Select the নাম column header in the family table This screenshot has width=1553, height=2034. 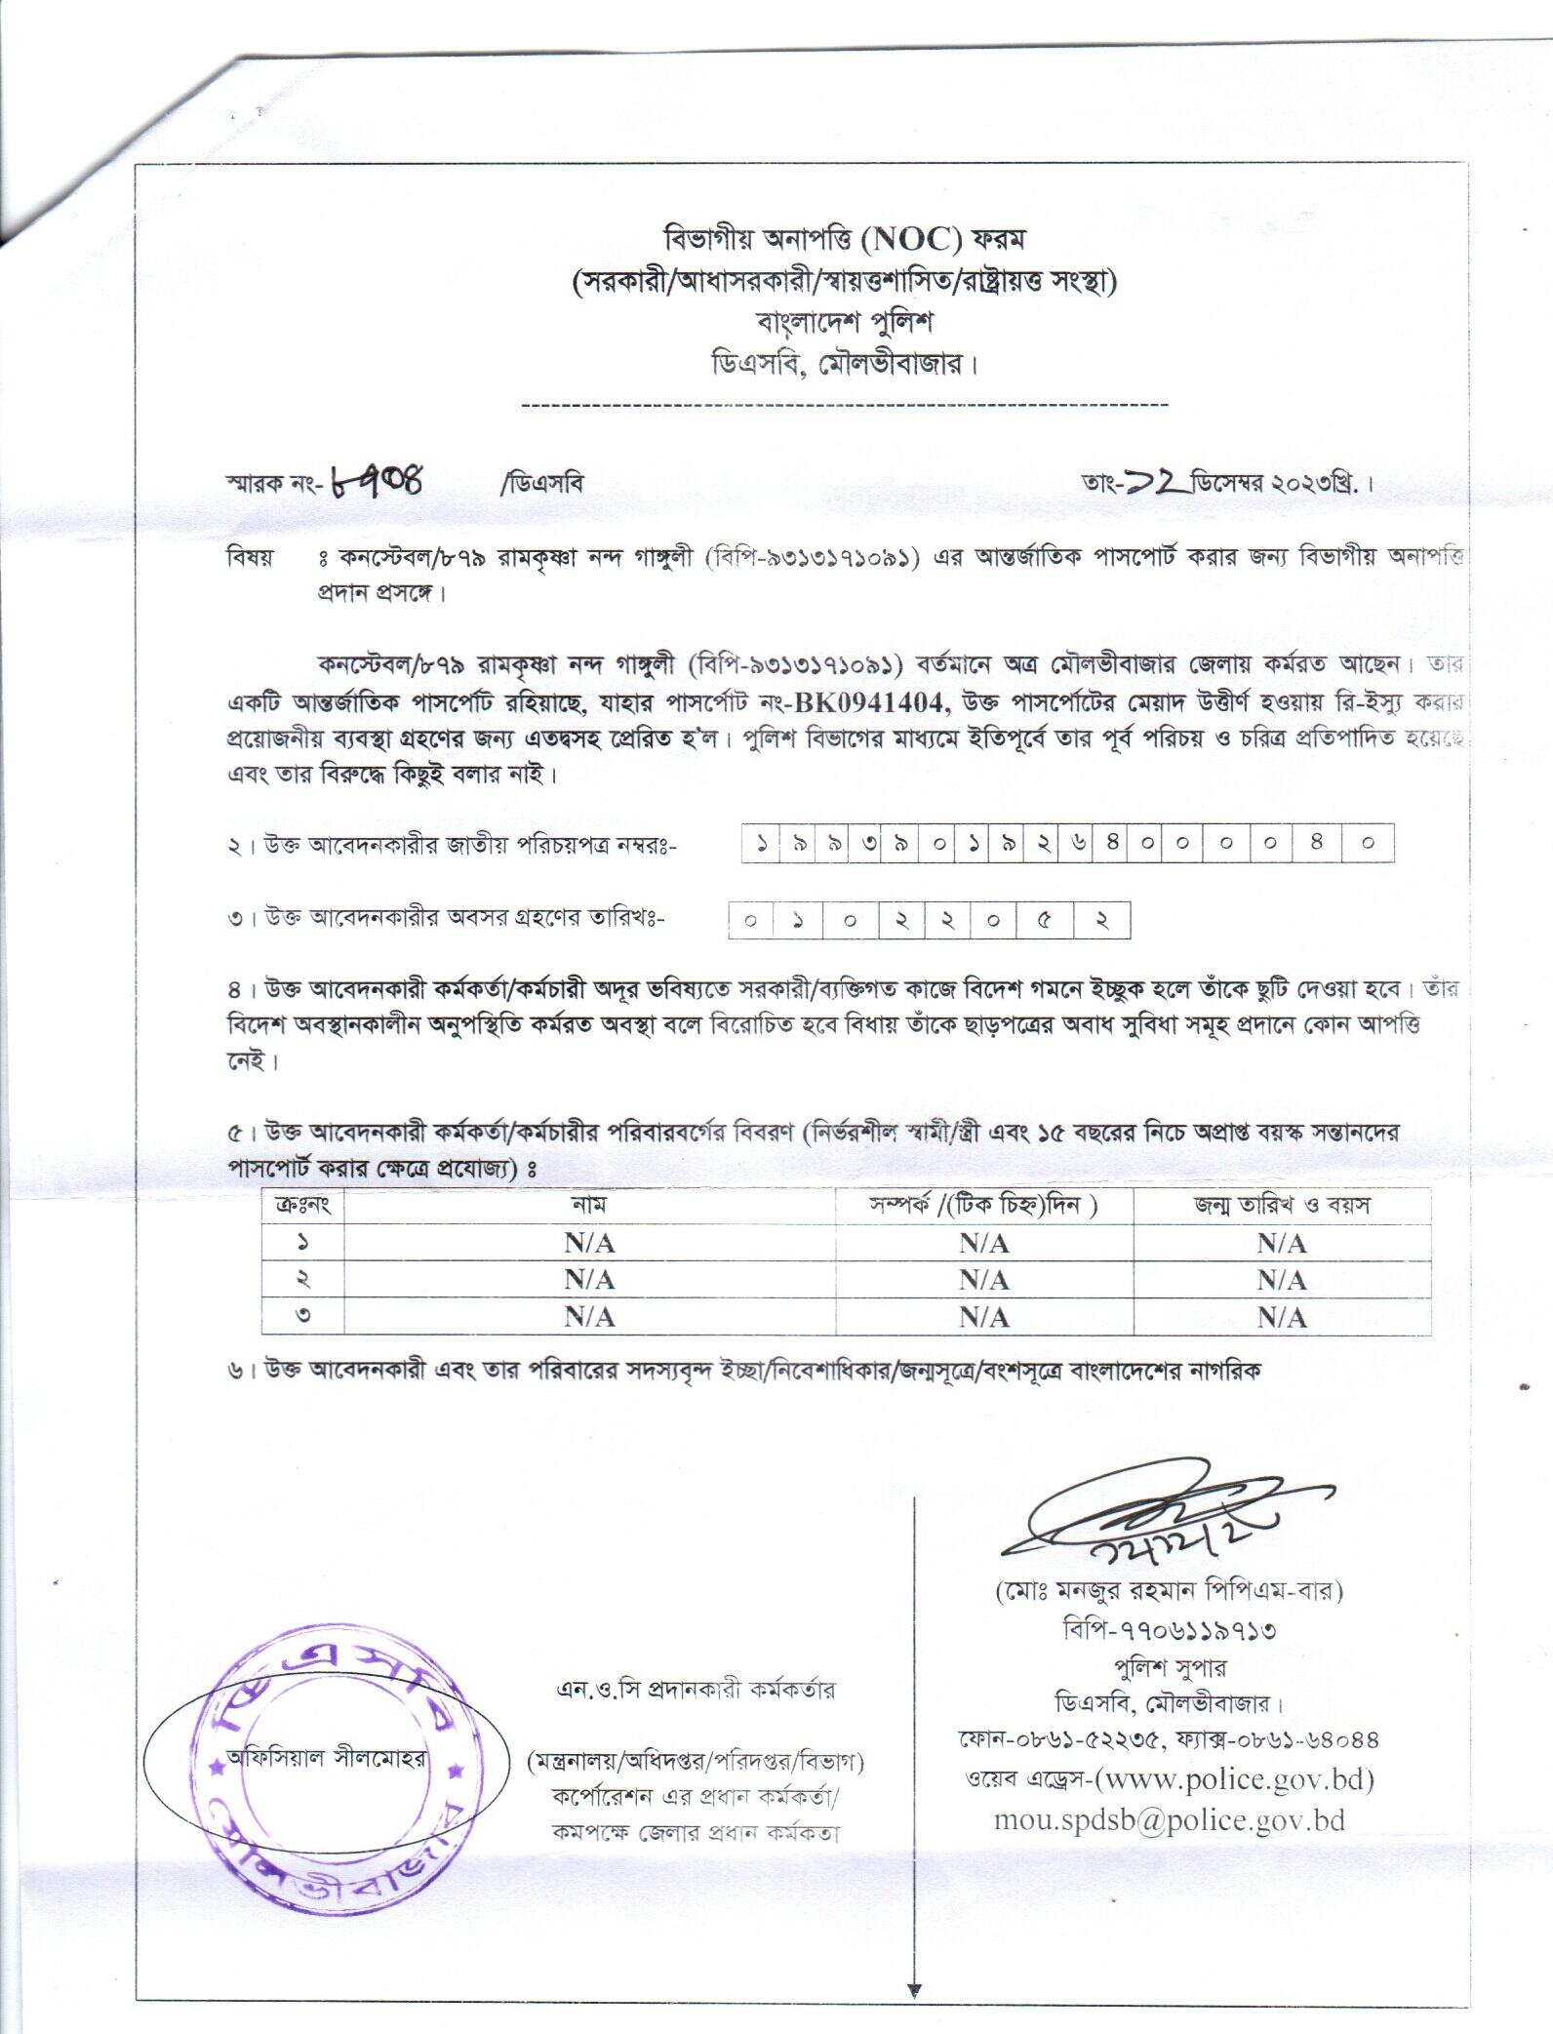coord(589,1205)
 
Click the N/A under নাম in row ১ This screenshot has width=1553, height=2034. coord(589,1243)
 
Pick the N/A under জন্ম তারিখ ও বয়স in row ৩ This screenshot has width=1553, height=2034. coord(1281,1317)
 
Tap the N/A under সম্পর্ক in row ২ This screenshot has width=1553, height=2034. coord(983,1280)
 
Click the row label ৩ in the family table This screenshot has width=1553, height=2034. coord(303,1317)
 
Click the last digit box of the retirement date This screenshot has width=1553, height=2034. coord(1103,920)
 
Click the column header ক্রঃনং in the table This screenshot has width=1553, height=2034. coord(303,1205)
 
